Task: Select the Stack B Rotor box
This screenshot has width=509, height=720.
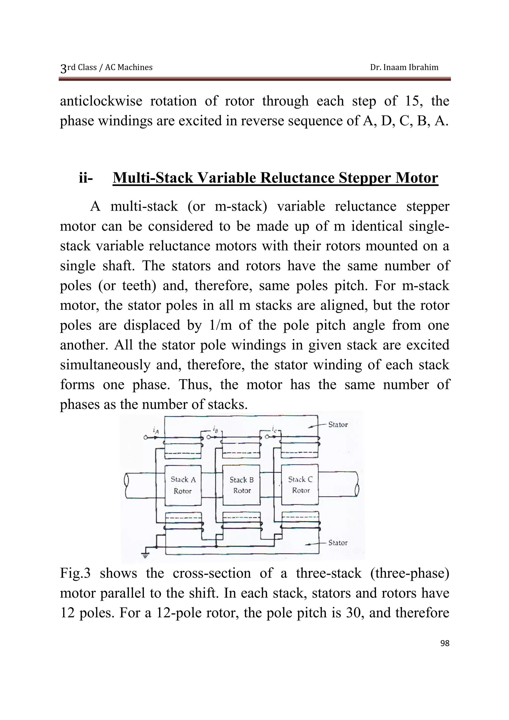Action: (242, 485)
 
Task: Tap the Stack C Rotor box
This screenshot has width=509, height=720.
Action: (300, 484)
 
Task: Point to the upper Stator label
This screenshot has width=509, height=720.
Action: (338, 425)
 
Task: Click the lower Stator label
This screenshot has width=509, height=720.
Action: (338, 543)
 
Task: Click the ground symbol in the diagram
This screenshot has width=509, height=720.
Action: (145, 555)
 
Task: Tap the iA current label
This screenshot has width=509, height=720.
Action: (156, 431)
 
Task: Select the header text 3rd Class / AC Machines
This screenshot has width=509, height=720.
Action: (106, 67)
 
